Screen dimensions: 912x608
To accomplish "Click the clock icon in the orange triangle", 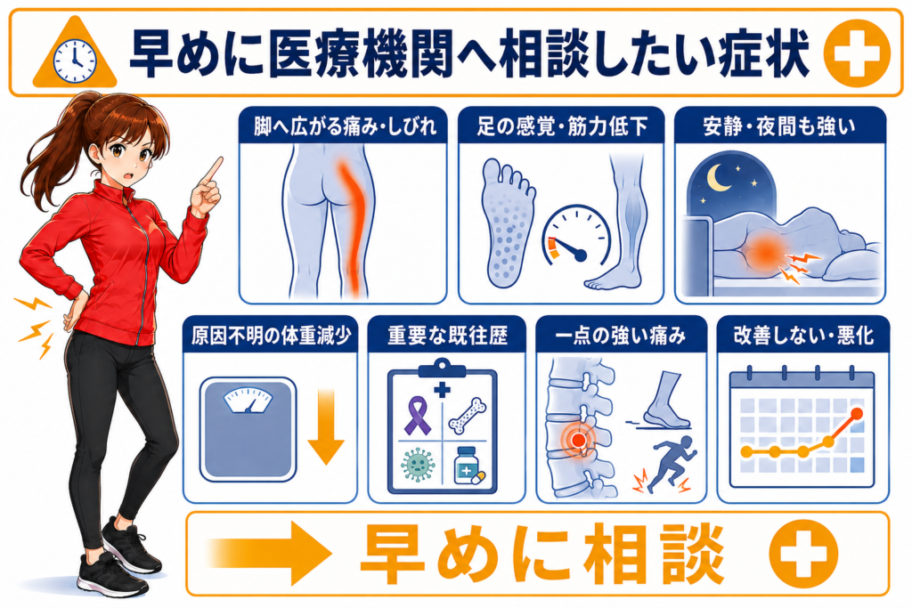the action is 75,61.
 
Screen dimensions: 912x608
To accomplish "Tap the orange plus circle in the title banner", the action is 857,53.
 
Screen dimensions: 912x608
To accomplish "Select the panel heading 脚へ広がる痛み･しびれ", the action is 344,126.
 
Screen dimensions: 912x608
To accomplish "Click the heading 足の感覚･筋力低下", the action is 562,126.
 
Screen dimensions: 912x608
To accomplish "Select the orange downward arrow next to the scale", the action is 326,427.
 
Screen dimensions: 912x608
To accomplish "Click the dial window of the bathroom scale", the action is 248,401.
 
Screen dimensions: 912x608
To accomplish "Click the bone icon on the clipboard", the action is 468,417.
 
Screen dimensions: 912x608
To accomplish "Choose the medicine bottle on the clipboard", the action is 468,466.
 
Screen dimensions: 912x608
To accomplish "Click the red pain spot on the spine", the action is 577,440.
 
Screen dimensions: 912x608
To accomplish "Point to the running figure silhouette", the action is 672,463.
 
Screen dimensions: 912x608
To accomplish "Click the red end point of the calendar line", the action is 856,414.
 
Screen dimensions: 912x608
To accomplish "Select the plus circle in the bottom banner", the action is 803,554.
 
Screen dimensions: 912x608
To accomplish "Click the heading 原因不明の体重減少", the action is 271,336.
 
